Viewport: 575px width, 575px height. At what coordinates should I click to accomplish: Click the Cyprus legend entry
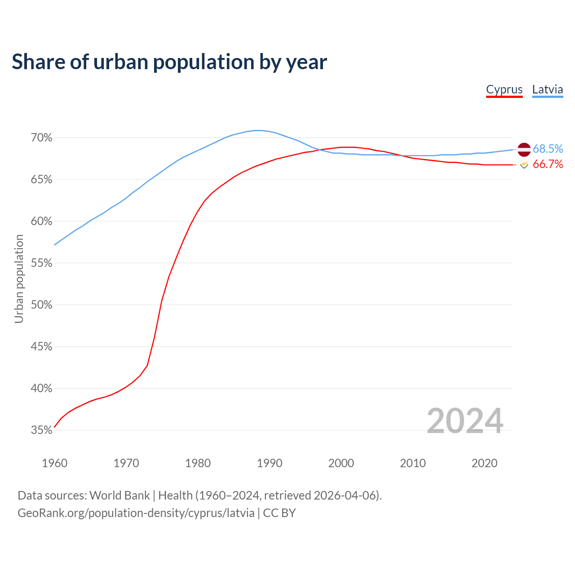(504, 89)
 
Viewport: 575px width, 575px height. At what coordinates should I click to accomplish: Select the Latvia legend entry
(547, 89)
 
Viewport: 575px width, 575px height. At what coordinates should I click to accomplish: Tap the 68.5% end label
(548, 149)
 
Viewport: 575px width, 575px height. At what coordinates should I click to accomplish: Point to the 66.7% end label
(548, 164)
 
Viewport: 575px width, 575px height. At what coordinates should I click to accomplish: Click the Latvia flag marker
(524, 149)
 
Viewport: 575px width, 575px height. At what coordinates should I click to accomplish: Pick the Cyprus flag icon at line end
(524, 165)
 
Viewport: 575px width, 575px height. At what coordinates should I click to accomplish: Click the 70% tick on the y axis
(41, 138)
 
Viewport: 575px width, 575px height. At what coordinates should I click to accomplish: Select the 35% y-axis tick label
(41, 430)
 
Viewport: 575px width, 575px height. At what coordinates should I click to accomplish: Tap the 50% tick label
(41, 305)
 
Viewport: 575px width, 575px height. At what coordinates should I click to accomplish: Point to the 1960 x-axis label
(54, 463)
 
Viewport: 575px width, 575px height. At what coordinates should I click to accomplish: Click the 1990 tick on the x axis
(270, 463)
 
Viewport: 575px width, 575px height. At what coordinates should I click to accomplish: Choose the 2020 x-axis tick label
(484, 463)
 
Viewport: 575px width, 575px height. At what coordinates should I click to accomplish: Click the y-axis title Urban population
(19, 279)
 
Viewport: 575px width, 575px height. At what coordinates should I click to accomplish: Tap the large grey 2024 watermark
(464, 421)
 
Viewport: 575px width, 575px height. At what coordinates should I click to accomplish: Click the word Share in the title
(38, 62)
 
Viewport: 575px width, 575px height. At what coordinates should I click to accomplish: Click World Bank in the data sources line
(119, 495)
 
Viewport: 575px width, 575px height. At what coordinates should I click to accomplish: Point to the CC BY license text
(279, 513)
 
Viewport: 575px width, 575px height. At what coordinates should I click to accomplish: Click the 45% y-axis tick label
(41, 347)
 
